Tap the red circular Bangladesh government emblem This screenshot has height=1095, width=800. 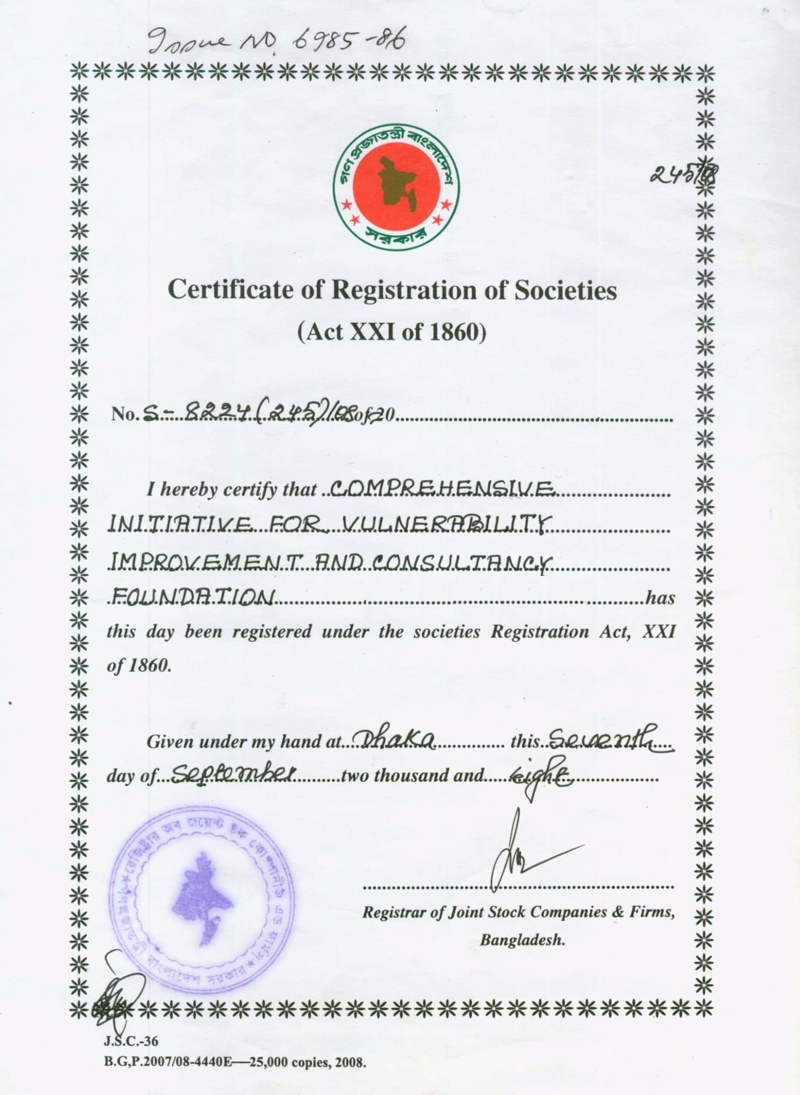396,187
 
